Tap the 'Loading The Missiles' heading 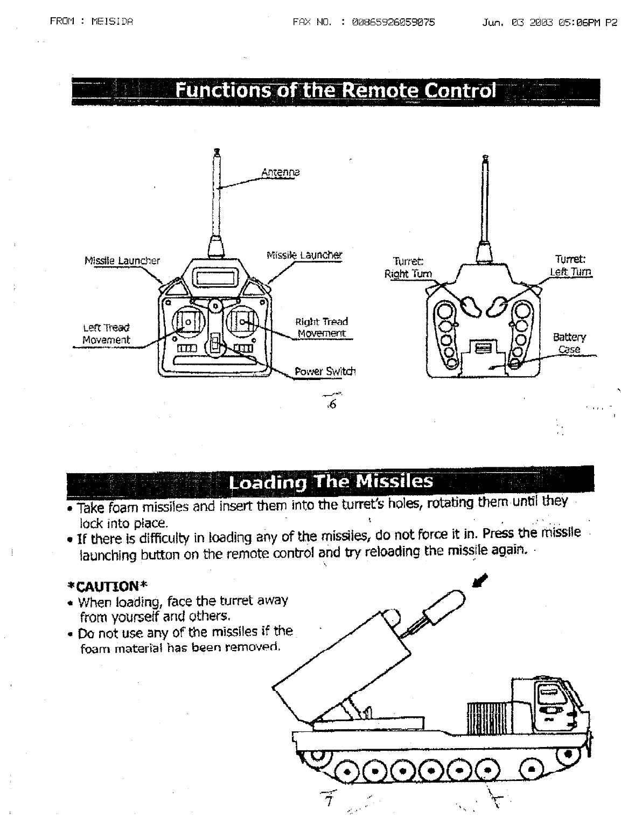[330, 480]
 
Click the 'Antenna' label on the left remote [280, 173]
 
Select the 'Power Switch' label [325, 371]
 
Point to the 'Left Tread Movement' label [106, 334]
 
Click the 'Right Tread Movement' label [322, 328]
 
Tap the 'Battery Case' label [569, 343]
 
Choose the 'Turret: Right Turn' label [408, 267]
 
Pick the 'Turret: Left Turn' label [570, 265]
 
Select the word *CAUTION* [107, 585]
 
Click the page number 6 [332, 405]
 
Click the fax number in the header [393, 22]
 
